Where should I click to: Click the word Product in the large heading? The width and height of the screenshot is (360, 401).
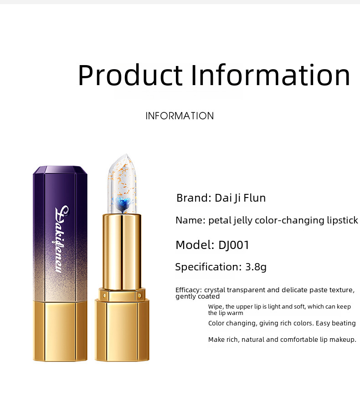[130, 76]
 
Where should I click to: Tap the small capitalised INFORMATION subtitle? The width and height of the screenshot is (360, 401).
[180, 116]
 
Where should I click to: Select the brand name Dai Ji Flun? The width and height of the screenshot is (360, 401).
[240, 198]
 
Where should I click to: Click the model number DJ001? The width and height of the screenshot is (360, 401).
[233, 245]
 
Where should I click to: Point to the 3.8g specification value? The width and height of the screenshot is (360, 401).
[256, 267]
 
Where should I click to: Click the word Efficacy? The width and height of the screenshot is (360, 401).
[189, 290]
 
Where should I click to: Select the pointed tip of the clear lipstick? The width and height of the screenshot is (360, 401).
[126, 154]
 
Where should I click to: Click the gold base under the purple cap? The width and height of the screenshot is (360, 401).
[60, 331]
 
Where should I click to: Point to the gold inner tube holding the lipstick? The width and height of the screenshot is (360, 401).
[122, 252]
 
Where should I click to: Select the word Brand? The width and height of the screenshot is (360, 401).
[194, 198]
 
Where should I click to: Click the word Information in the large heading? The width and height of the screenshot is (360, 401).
[270, 75]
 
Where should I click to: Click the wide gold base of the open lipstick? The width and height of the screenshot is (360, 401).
[122, 330]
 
